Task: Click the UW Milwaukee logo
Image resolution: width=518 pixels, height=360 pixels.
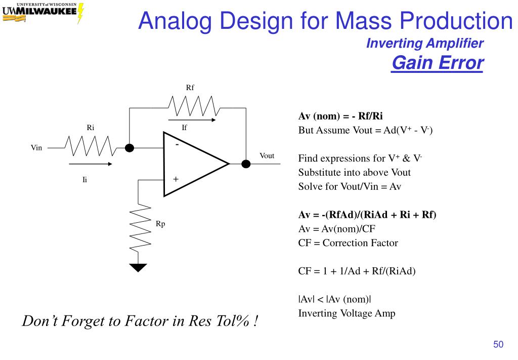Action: (x=43, y=12)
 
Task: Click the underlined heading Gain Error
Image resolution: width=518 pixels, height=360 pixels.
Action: (x=437, y=63)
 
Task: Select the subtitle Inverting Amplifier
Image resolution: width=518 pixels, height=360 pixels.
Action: (x=424, y=44)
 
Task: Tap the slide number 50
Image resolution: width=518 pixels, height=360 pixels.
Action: (x=498, y=345)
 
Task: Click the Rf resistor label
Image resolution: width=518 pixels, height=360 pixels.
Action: (x=190, y=88)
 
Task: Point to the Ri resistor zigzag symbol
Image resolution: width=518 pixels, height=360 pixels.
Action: (x=91, y=147)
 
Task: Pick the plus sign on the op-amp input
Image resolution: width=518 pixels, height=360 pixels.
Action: (x=176, y=179)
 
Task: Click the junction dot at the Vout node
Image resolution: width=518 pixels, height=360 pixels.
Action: (x=246, y=164)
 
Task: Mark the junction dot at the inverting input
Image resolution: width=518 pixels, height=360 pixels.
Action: (x=130, y=148)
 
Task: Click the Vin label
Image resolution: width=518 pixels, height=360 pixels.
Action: (x=36, y=148)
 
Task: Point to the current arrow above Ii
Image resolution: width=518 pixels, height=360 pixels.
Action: (x=91, y=164)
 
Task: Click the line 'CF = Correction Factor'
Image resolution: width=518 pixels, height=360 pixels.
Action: (x=348, y=243)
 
